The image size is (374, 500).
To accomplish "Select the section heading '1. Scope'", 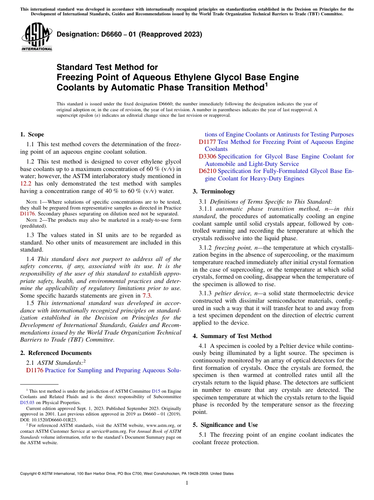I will coord(32,134).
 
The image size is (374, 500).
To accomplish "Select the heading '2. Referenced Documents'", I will coord(56,353).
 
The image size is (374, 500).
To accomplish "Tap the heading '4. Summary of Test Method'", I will coord(232,336).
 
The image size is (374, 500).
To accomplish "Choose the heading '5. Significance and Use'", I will coord(225,425).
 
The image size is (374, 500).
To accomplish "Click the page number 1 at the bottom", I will coord(187,483).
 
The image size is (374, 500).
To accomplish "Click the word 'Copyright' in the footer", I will coord(29,474).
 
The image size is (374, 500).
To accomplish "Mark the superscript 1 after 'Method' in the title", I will coord(266,84).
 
